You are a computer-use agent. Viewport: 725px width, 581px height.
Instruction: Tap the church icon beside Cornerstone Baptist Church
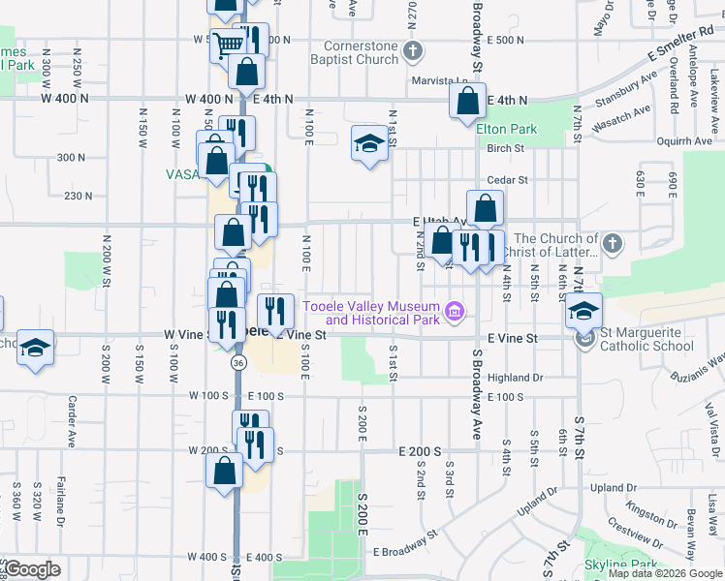tap(413, 50)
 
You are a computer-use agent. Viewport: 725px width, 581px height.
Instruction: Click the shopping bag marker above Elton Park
tap(468, 100)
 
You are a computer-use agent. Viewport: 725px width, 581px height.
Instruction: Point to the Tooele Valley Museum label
tap(370, 313)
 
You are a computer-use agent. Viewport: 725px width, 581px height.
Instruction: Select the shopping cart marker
tap(227, 44)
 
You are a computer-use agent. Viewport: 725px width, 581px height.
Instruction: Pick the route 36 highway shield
tap(237, 362)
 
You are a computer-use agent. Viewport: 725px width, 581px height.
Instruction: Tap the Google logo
tap(32, 568)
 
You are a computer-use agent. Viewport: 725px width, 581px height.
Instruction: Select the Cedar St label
tap(507, 179)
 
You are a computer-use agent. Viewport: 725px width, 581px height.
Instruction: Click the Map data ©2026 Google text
tap(664, 573)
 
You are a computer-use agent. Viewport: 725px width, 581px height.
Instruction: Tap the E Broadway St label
tap(406, 550)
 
